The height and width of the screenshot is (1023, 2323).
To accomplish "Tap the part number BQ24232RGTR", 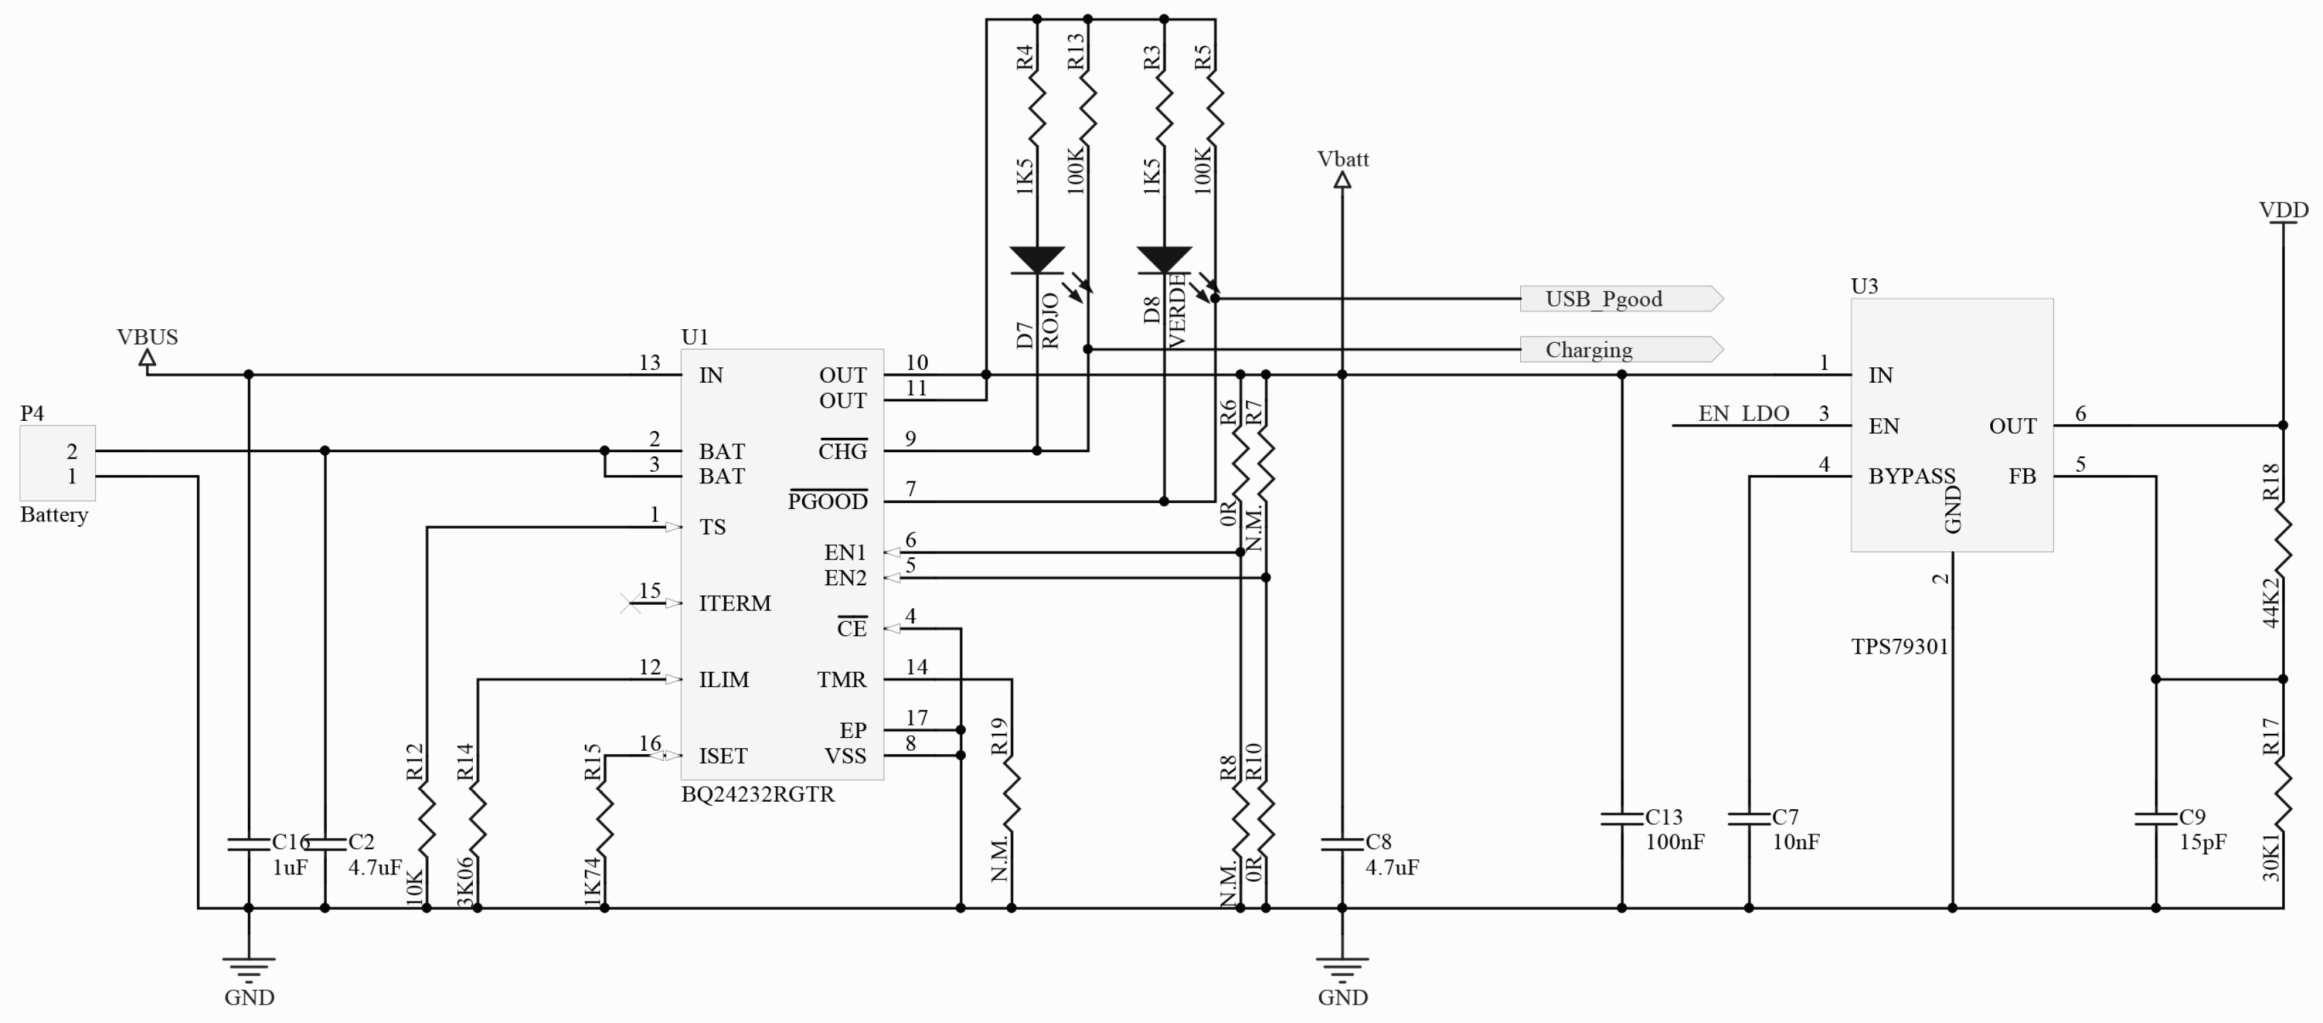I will point(757,795).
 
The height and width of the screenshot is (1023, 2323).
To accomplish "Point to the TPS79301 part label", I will point(1899,647).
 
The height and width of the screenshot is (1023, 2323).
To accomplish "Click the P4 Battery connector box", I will point(58,463).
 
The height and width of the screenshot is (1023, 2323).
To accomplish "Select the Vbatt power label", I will point(1343,160).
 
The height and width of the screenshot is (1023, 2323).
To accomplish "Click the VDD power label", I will point(2284,210).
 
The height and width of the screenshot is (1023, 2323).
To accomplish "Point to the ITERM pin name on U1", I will point(734,603).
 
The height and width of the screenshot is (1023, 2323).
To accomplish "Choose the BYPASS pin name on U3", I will point(1911,476).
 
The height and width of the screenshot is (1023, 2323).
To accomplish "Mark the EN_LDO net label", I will point(1743,413).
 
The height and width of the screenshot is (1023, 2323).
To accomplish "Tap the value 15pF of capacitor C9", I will point(2202,842).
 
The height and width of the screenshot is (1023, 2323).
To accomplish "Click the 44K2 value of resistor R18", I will point(2271,602).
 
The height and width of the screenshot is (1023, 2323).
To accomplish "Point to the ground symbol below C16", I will point(249,969).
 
